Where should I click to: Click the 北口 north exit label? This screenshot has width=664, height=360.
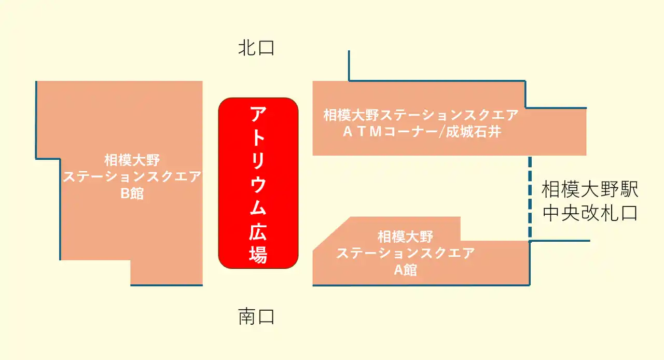pyautogui.click(x=256, y=48)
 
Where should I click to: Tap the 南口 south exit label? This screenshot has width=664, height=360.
pyautogui.click(x=256, y=316)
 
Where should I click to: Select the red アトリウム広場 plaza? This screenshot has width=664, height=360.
pyautogui.click(x=258, y=183)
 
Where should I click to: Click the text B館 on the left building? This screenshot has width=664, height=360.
pyautogui.click(x=132, y=193)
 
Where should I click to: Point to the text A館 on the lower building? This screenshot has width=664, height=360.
pyautogui.click(x=405, y=270)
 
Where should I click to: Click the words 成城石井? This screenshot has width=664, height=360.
pyautogui.click(x=474, y=132)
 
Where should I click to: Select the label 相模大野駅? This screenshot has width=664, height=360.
pyautogui.click(x=590, y=189)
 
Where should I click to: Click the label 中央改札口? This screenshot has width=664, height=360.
pyautogui.click(x=590, y=213)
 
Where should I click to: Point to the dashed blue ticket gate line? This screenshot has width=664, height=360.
pyautogui.click(x=530, y=197)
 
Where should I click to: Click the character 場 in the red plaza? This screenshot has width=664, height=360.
pyautogui.click(x=258, y=254)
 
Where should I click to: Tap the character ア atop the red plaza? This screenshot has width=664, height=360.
pyautogui.click(x=258, y=114)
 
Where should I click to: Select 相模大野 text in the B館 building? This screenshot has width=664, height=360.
pyautogui.click(x=132, y=160)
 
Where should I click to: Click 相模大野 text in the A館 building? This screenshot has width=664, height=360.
pyautogui.click(x=405, y=237)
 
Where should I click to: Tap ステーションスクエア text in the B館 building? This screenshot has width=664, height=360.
pyautogui.click(x=132, y=177)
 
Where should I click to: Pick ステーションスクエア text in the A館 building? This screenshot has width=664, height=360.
pyautogui.click(x=405, y=253)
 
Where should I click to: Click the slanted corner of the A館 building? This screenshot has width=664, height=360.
pyautogui.click(x=331, y=234)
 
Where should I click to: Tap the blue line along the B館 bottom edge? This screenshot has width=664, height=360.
pyautogui.click(x=167, y=285)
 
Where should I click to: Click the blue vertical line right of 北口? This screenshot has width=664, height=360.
pyautogui.click(x=349, y=65)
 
